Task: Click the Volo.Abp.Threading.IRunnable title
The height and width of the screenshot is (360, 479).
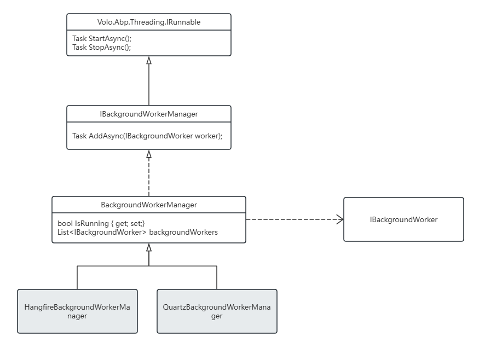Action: [149, 22]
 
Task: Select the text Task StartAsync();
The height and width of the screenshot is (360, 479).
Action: [102, 38]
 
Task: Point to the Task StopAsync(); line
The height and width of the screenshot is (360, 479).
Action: [101, 48]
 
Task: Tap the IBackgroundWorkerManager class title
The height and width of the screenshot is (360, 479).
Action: [149, 114]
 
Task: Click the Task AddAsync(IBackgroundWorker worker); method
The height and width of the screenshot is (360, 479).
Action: [147, 136]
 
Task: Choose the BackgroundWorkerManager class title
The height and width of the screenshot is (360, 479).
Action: [149, 205]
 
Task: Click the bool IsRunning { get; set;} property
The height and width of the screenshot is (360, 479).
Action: [101, 224]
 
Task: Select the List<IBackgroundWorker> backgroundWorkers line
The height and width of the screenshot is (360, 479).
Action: [137, 233]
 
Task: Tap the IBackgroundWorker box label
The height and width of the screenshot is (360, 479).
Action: [403, 219]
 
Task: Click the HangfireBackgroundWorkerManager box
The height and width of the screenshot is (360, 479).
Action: [77, 311]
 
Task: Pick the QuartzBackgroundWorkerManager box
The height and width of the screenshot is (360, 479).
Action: [217, 311]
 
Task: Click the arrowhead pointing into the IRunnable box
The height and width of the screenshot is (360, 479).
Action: [149, 60]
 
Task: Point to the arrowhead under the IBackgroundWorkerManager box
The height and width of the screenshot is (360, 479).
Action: [149, 154]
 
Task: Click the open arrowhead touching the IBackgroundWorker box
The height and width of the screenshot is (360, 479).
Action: [340, 219]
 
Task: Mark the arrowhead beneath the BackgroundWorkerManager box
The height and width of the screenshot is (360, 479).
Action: [149, 247]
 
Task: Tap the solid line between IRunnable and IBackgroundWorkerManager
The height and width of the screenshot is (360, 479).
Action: [149, 85]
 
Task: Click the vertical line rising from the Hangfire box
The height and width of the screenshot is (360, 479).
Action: [77, 277]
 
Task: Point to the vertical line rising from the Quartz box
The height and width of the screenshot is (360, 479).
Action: [217, 277]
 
